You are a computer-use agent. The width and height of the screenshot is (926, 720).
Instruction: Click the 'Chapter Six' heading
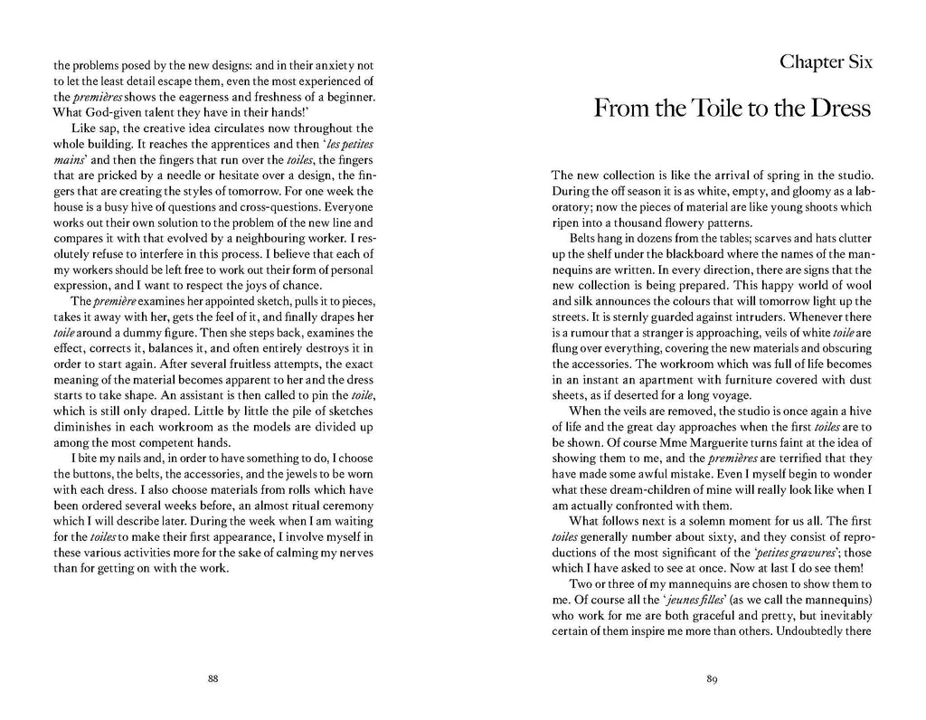pos(825,62)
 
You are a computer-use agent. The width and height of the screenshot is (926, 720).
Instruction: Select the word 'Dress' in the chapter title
pos(836,110)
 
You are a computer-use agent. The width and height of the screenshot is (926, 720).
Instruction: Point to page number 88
pos(213,679)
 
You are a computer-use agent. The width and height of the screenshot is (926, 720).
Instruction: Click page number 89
pos(712,679)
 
